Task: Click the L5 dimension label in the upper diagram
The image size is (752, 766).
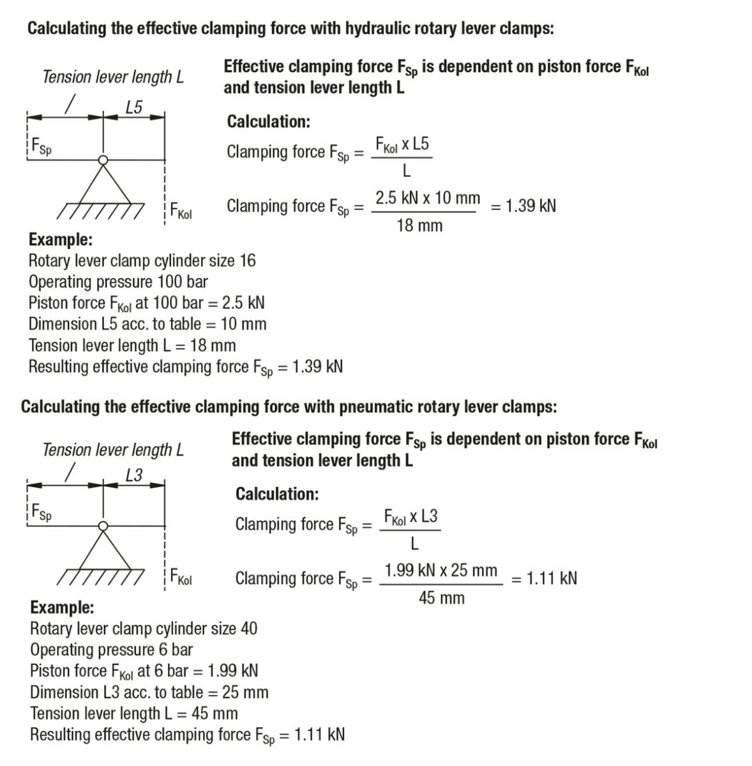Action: (x=134, y=107)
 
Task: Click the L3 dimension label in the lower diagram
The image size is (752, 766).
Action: (x=134, y=475)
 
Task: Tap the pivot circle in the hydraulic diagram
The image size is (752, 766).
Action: (x=102, y=160)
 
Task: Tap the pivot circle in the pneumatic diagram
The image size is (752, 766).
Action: (x=102, y=525)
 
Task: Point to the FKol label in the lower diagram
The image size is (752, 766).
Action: (x=181, y=578)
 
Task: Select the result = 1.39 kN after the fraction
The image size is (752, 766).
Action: (x=524, y=206)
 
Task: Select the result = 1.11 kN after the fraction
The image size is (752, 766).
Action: (x=545, y=578)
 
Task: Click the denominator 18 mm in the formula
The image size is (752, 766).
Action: (x=419, y=225)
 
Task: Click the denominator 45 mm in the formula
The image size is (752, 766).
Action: (x=442, y=598)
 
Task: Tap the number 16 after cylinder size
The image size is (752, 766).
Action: (x=248, y=260)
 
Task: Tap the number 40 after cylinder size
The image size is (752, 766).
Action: (x=249, y=628)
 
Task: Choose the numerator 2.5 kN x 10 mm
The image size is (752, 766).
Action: (x=428, y=198)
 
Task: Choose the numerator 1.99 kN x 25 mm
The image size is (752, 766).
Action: (x=441, y=570)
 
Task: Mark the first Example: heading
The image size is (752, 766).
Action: (x=61, y=240)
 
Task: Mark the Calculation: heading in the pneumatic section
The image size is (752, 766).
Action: (x=277, y=493)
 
